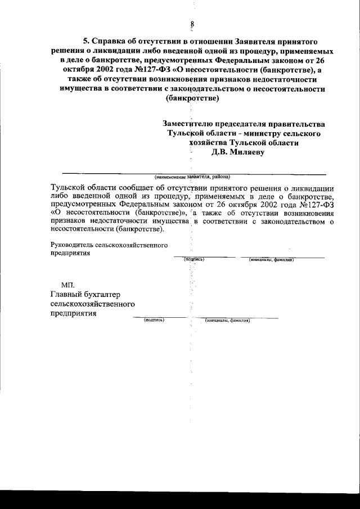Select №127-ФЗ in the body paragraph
click(314, 205)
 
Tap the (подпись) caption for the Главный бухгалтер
click(154, 319)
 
